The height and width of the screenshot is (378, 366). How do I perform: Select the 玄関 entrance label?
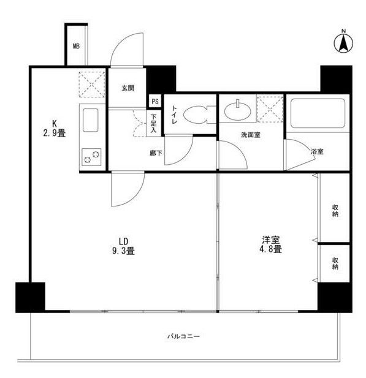(127, 88)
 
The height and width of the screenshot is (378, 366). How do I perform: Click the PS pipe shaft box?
(155, 102)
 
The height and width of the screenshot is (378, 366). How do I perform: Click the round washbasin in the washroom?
(237, 111)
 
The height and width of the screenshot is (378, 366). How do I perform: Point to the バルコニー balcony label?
(184, 336)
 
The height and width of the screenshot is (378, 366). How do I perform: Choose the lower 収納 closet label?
(335, 263)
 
